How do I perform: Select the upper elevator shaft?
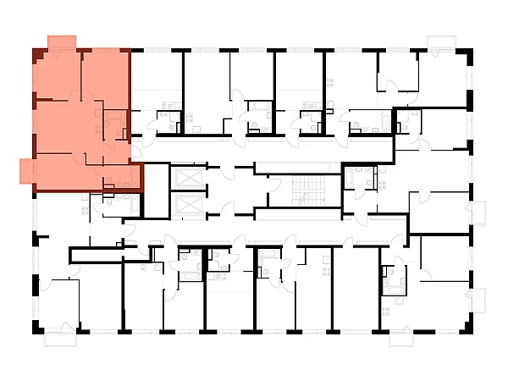(187, 178)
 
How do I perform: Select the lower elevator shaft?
(187, 206)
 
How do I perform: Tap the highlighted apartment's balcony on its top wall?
(62, 42)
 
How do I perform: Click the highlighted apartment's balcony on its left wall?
(28, 170)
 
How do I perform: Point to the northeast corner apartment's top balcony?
(441, 42)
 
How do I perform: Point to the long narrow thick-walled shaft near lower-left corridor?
(95, 251)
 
